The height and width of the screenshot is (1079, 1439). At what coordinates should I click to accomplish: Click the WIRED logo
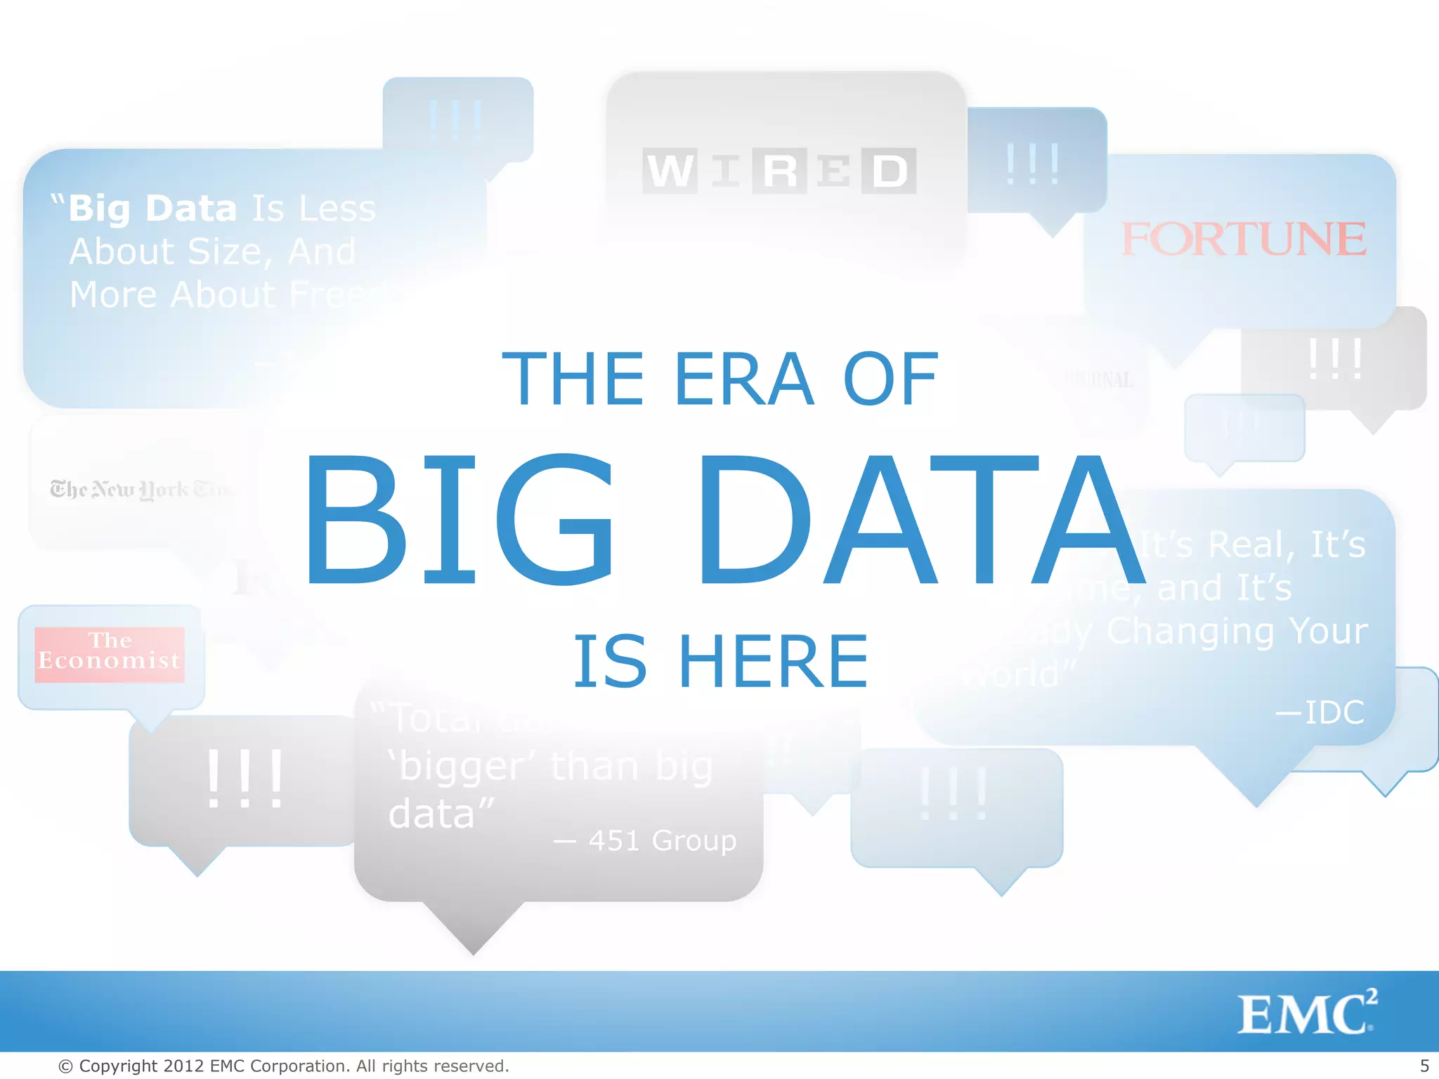point(779,171)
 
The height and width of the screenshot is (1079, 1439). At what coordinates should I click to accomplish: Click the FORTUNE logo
point(1244,240)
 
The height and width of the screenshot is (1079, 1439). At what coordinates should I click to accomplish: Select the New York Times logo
point(141,489)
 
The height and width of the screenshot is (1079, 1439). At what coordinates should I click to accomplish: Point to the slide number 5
point(1424,1066)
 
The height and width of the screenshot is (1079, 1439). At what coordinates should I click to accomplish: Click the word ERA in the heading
point(743,379)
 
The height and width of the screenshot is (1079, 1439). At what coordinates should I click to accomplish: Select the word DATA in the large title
point(920,520)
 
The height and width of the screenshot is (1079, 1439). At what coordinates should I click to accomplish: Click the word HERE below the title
point(773,661)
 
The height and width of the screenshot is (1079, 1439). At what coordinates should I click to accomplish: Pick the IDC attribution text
point(1321,712)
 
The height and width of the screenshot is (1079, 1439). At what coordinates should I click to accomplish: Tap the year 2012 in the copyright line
point(183,1066)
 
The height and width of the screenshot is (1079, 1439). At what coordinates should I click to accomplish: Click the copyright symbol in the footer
point(65,1066)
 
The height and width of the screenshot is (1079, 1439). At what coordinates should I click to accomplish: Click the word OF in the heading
point(890,379)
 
